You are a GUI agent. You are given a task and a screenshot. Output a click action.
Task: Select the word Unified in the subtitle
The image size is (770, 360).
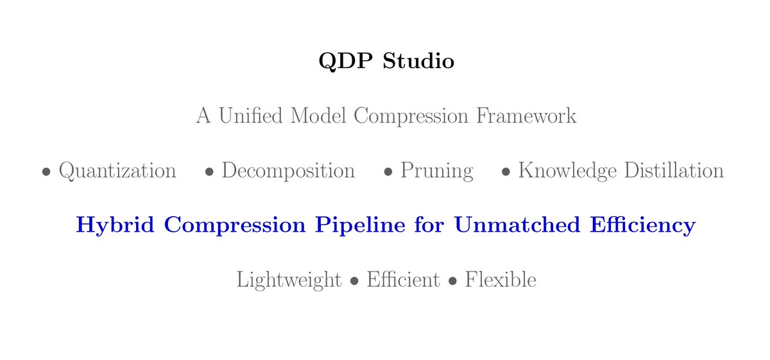[250, 116]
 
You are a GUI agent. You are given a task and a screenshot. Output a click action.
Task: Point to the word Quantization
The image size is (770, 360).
[117, 171]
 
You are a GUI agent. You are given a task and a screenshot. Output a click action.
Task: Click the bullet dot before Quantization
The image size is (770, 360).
[46, 173]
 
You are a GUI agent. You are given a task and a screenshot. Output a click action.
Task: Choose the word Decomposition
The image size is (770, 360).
[288, 171]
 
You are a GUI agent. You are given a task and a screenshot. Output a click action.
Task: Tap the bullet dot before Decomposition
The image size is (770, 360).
[209, 173]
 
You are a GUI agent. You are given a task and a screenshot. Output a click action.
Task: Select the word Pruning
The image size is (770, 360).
[437, 171]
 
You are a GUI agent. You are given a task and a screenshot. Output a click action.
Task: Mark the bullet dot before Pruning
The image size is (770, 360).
[388, 173]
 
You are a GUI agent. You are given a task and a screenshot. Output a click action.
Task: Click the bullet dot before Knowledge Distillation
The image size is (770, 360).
[506, 173]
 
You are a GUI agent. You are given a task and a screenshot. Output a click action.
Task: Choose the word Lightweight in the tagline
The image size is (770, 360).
[289, 280]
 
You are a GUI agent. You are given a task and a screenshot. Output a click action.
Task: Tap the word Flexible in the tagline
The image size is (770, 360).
[501, 280]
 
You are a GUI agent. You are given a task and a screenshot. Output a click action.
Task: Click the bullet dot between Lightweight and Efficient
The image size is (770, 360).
[354, 282]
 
